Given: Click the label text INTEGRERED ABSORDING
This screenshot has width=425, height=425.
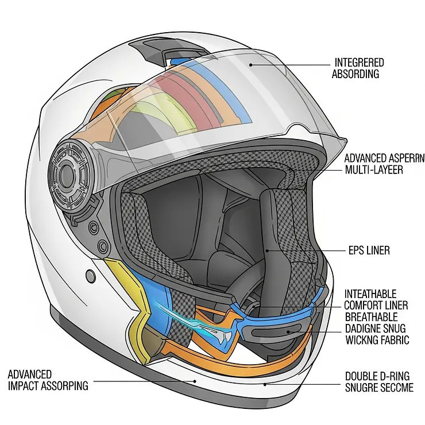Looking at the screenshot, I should click(x=359, y=67).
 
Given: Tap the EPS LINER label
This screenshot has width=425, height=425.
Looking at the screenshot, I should click(x=369, y=250).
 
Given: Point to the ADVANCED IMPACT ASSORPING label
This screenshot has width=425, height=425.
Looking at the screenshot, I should click(x=48, y=380).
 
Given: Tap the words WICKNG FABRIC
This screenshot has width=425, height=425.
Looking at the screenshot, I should click(x=376, y=340).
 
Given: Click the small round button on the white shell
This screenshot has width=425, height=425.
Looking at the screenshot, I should click(x=91, y=276).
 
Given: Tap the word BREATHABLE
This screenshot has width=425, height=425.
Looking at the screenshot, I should click(x=371, y=317).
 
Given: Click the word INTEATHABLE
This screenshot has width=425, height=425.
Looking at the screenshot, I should click(x=370, y=294).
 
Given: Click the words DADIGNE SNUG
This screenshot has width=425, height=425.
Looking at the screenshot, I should click(x=375, y=329).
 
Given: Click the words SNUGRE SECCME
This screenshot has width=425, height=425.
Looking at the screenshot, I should click(x=378, y=388).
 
